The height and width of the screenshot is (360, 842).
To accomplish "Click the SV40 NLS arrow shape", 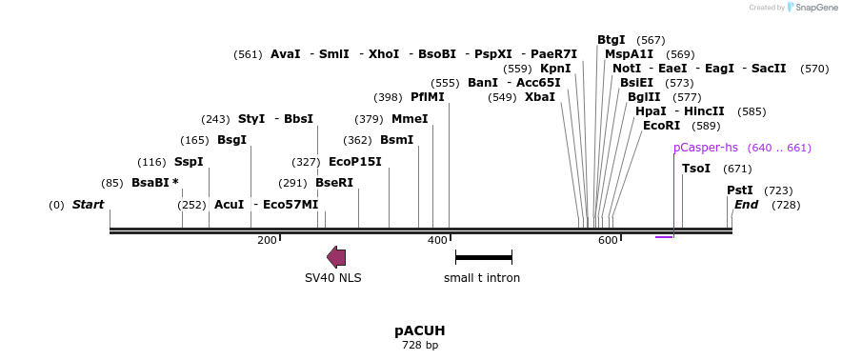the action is [336, 257].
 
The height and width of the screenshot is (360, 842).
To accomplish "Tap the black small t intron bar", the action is [483, 257].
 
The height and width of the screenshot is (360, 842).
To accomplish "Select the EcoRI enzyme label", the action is [662, 126].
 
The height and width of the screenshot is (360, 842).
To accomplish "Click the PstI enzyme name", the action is [740, 190].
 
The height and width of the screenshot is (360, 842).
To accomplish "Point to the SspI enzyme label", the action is [189, 162].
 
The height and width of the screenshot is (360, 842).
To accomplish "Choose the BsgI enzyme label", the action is [232, 140].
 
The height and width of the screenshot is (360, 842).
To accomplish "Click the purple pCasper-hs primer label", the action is [706, 148].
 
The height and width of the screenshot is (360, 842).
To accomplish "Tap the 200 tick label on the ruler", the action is [267, 240].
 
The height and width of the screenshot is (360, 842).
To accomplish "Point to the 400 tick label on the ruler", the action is [437, 240].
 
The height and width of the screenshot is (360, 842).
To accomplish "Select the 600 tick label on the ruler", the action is [608, 240].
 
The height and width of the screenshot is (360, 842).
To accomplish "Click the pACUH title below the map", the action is [420, 330].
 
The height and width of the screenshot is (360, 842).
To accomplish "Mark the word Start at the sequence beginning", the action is [88, 205].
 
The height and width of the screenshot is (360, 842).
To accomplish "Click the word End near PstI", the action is [747, 205].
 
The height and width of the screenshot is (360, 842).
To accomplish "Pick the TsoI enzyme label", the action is [696, 169].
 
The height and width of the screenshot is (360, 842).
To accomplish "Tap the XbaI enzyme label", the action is [540, 97].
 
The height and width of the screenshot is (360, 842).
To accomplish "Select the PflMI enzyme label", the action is [428, 97].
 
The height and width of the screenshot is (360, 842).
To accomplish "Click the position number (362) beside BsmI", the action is [357, 140].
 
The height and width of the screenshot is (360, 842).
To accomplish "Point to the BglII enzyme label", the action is [645, 97].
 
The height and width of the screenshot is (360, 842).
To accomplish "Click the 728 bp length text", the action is [420, 345].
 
